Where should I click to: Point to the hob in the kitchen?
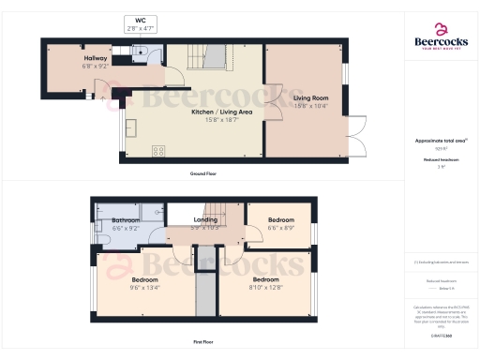(157, 150)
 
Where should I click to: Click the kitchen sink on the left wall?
(129, 127)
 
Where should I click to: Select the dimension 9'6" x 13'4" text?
(144, 288)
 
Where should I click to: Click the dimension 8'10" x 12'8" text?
(265, 288)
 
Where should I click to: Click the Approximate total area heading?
(441, 141)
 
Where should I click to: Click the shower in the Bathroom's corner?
(102, 212)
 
